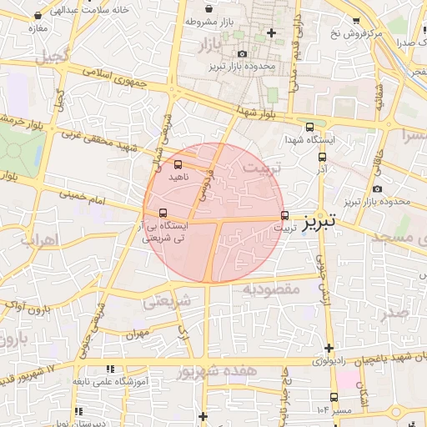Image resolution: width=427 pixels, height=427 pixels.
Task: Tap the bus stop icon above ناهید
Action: click(178, 164)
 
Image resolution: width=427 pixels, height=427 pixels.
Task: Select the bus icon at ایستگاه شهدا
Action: click(310, 128)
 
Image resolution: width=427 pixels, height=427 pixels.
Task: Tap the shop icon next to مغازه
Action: click(39, 16)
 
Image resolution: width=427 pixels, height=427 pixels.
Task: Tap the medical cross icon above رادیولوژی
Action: click(330, 348)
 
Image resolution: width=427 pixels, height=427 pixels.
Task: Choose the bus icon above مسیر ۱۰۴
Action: click(334, 397)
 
